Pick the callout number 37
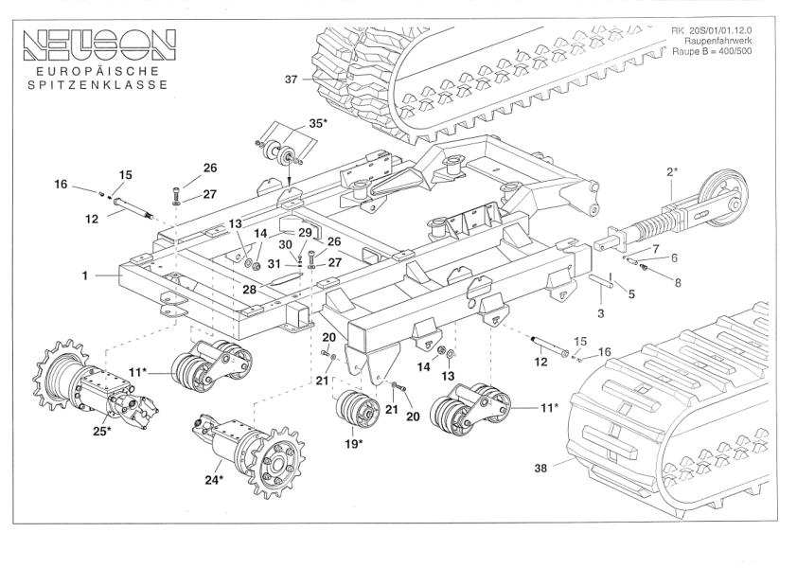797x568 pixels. point(292,80)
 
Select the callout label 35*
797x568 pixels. point(316,124)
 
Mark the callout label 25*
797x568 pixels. point(101,432)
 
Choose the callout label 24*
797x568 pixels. point(214,480)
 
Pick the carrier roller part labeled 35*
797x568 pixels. point(283,152)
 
